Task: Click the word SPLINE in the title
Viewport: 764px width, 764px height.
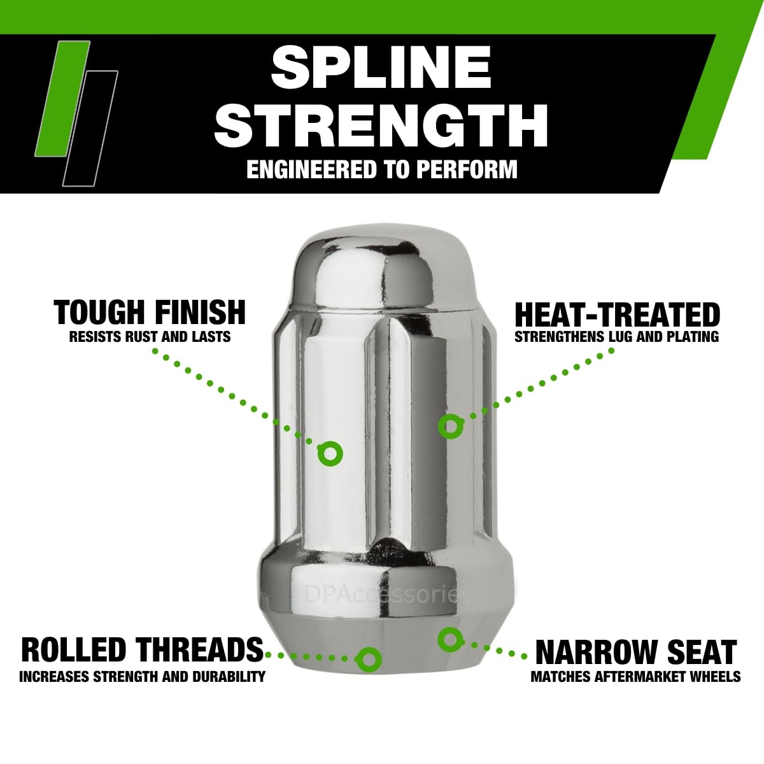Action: tap(381, 67)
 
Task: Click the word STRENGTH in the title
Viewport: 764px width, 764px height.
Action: tap(381, 125)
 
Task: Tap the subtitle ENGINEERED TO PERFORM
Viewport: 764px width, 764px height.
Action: tap(382, 170)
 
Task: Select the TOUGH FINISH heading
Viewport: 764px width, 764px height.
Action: tap(150, 313)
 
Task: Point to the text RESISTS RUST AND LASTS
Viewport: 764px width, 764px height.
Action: tap(150, 337)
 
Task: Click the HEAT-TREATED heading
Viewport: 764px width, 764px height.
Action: tap(617, 315)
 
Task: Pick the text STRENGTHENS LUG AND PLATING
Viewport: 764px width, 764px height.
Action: tap(616, 337)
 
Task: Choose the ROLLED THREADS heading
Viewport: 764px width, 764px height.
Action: tap(143, 649)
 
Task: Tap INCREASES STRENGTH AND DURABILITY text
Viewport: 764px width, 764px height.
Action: tap(142, 676)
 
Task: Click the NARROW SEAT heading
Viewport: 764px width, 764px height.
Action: tap(636, 652)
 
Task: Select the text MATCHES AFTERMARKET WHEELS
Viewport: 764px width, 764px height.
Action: tap(635, 676)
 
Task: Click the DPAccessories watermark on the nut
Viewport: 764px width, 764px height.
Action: tap(388, 595)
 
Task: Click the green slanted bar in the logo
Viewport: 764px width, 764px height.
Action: tap(62, 98)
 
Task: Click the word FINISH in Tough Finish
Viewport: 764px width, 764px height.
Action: tap(200, 313)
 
